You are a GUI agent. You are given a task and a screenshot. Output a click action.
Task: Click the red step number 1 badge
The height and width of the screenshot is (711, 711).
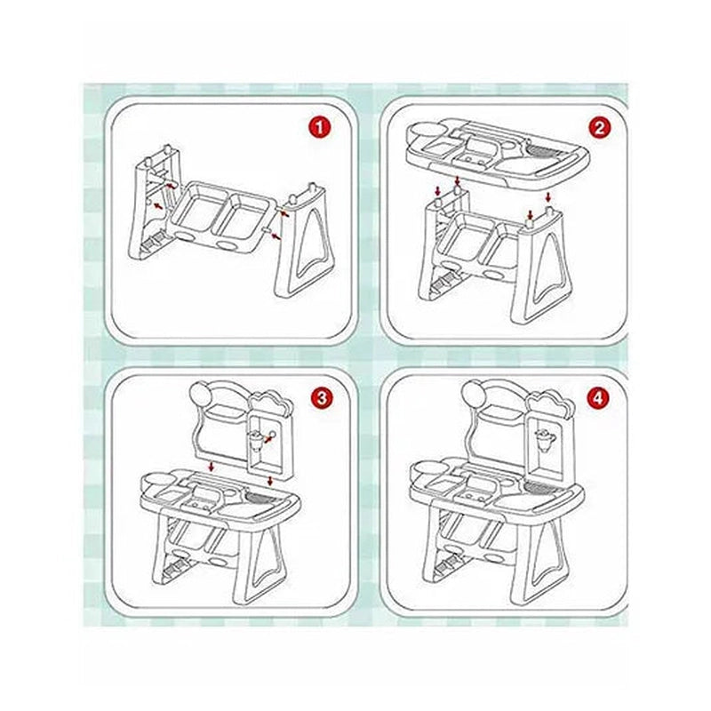320,128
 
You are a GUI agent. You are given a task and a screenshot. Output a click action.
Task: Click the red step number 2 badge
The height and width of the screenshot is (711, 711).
599,128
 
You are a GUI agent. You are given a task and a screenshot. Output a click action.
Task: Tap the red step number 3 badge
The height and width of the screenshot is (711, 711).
322,398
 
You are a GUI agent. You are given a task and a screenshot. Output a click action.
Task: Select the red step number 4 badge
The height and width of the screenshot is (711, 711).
598,398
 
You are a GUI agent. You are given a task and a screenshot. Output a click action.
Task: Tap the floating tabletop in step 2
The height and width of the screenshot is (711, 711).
498,152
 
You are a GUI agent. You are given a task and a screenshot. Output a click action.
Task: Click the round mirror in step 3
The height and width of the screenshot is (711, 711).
202,393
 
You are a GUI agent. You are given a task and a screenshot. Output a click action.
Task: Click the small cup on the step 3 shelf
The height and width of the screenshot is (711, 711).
256,440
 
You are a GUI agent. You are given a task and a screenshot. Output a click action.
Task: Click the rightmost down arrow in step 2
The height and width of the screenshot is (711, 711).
548,197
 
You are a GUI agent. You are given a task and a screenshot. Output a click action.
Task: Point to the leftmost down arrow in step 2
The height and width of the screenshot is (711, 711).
438,189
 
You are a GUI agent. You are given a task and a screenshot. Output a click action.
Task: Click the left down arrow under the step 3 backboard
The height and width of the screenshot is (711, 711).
212,467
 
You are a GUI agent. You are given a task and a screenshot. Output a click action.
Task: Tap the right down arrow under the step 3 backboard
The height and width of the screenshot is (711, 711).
271,480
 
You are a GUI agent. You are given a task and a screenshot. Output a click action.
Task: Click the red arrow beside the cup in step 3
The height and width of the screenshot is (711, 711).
269,436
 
